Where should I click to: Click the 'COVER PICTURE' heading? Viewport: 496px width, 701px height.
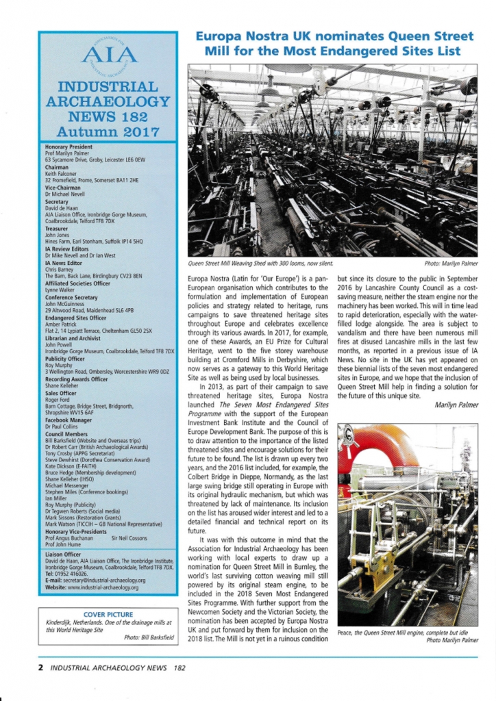[108, 614]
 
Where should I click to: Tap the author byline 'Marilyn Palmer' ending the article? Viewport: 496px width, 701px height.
[456, 405]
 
